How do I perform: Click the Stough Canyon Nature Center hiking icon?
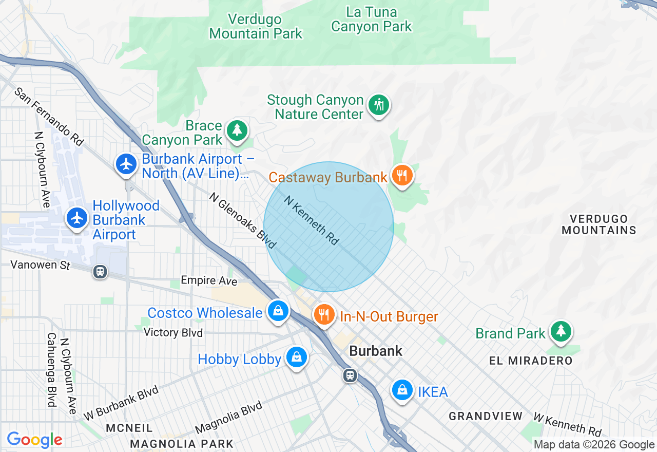[x=379, y=105]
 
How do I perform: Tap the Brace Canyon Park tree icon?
[x=237, y=130]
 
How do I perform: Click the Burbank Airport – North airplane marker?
[x=126, y=164]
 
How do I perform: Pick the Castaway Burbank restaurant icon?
[x=402, y=176]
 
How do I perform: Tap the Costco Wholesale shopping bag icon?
[x=278, y=311]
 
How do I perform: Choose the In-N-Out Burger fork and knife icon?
[x=323, y=314]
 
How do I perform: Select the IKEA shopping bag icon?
[x=403, y=390]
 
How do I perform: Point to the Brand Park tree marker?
[x=561, y=331]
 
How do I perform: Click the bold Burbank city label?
[x=376, y=351]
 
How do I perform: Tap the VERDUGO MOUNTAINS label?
[x=598, y=224]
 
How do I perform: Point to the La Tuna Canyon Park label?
[x=372, y=19]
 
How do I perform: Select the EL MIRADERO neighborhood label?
[x=531, y=361]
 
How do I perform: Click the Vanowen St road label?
[x=40, y=266]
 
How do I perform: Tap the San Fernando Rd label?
[x=49, y=117]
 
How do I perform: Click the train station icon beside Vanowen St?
[x=100, y=272]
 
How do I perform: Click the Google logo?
[x=34, y=440]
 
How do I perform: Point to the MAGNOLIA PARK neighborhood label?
[x=182, y=444]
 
